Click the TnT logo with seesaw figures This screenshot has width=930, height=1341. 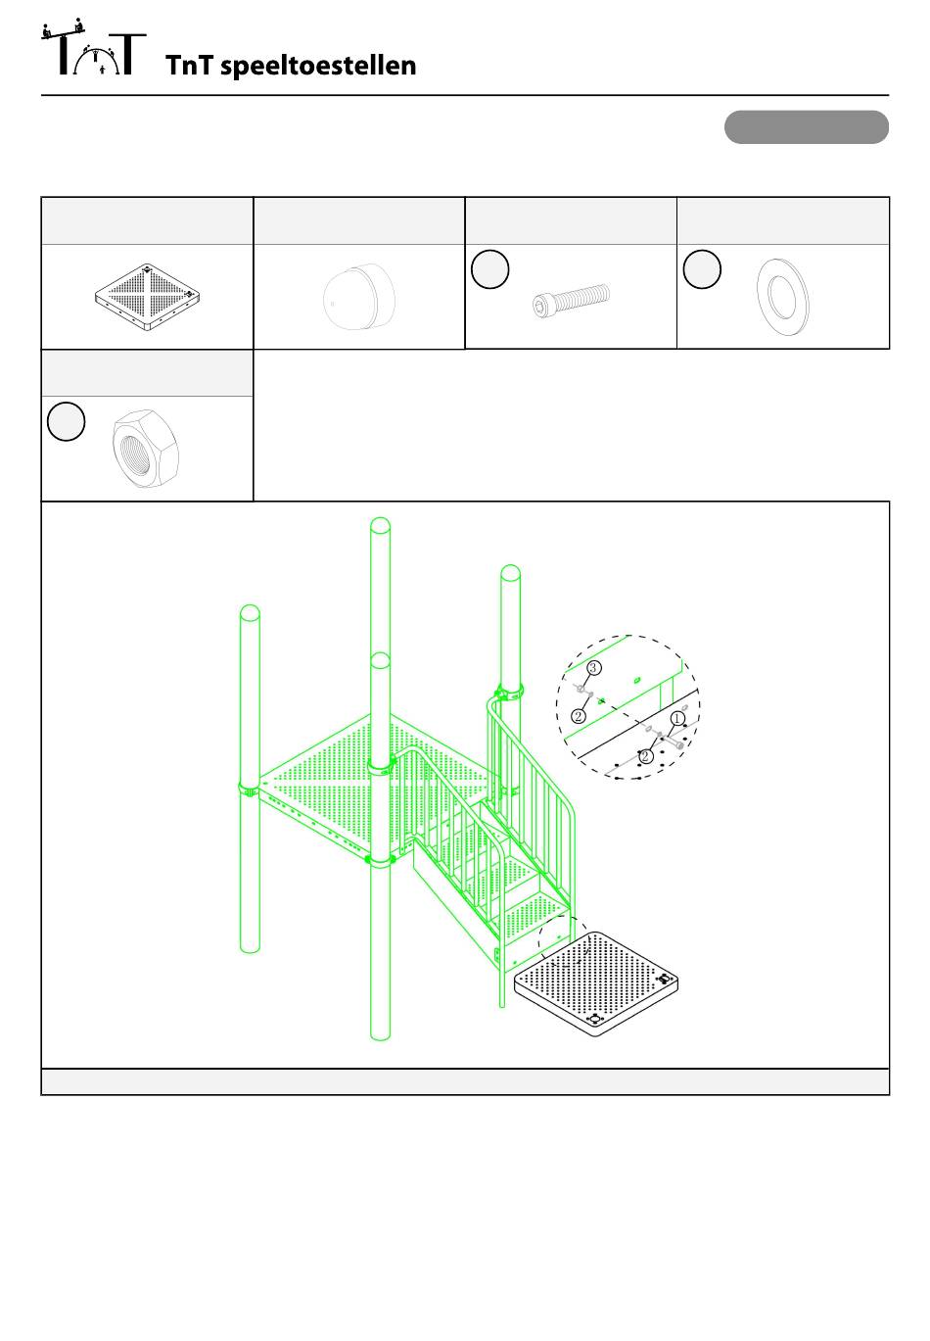[x=93, y=47]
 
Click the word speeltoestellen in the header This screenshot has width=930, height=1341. [x=318, y=67]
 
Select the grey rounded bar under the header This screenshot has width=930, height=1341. [x=806, y=127]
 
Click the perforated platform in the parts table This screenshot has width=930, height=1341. [x=147, y=297]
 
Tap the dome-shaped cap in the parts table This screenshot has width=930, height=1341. [x=359, y=296]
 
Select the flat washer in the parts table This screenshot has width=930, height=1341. [x=783, y=297]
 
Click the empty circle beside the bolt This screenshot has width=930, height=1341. [x=490, y=268]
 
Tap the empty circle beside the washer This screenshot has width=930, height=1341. [x=702, y=268]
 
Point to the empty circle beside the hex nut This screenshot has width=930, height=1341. [x=66, y=421]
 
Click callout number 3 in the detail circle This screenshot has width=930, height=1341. [x=593, y=667]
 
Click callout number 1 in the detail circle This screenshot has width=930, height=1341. [x=677, y=718]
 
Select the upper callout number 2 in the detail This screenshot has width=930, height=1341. [x=579, y=716]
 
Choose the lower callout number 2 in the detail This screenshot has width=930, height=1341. [x=644, y=757]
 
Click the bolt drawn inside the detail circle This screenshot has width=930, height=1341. [x=673, y=742]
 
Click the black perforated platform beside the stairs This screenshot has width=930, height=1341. [x=596, y=984]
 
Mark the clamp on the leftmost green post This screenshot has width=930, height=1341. [x=249, y=790]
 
